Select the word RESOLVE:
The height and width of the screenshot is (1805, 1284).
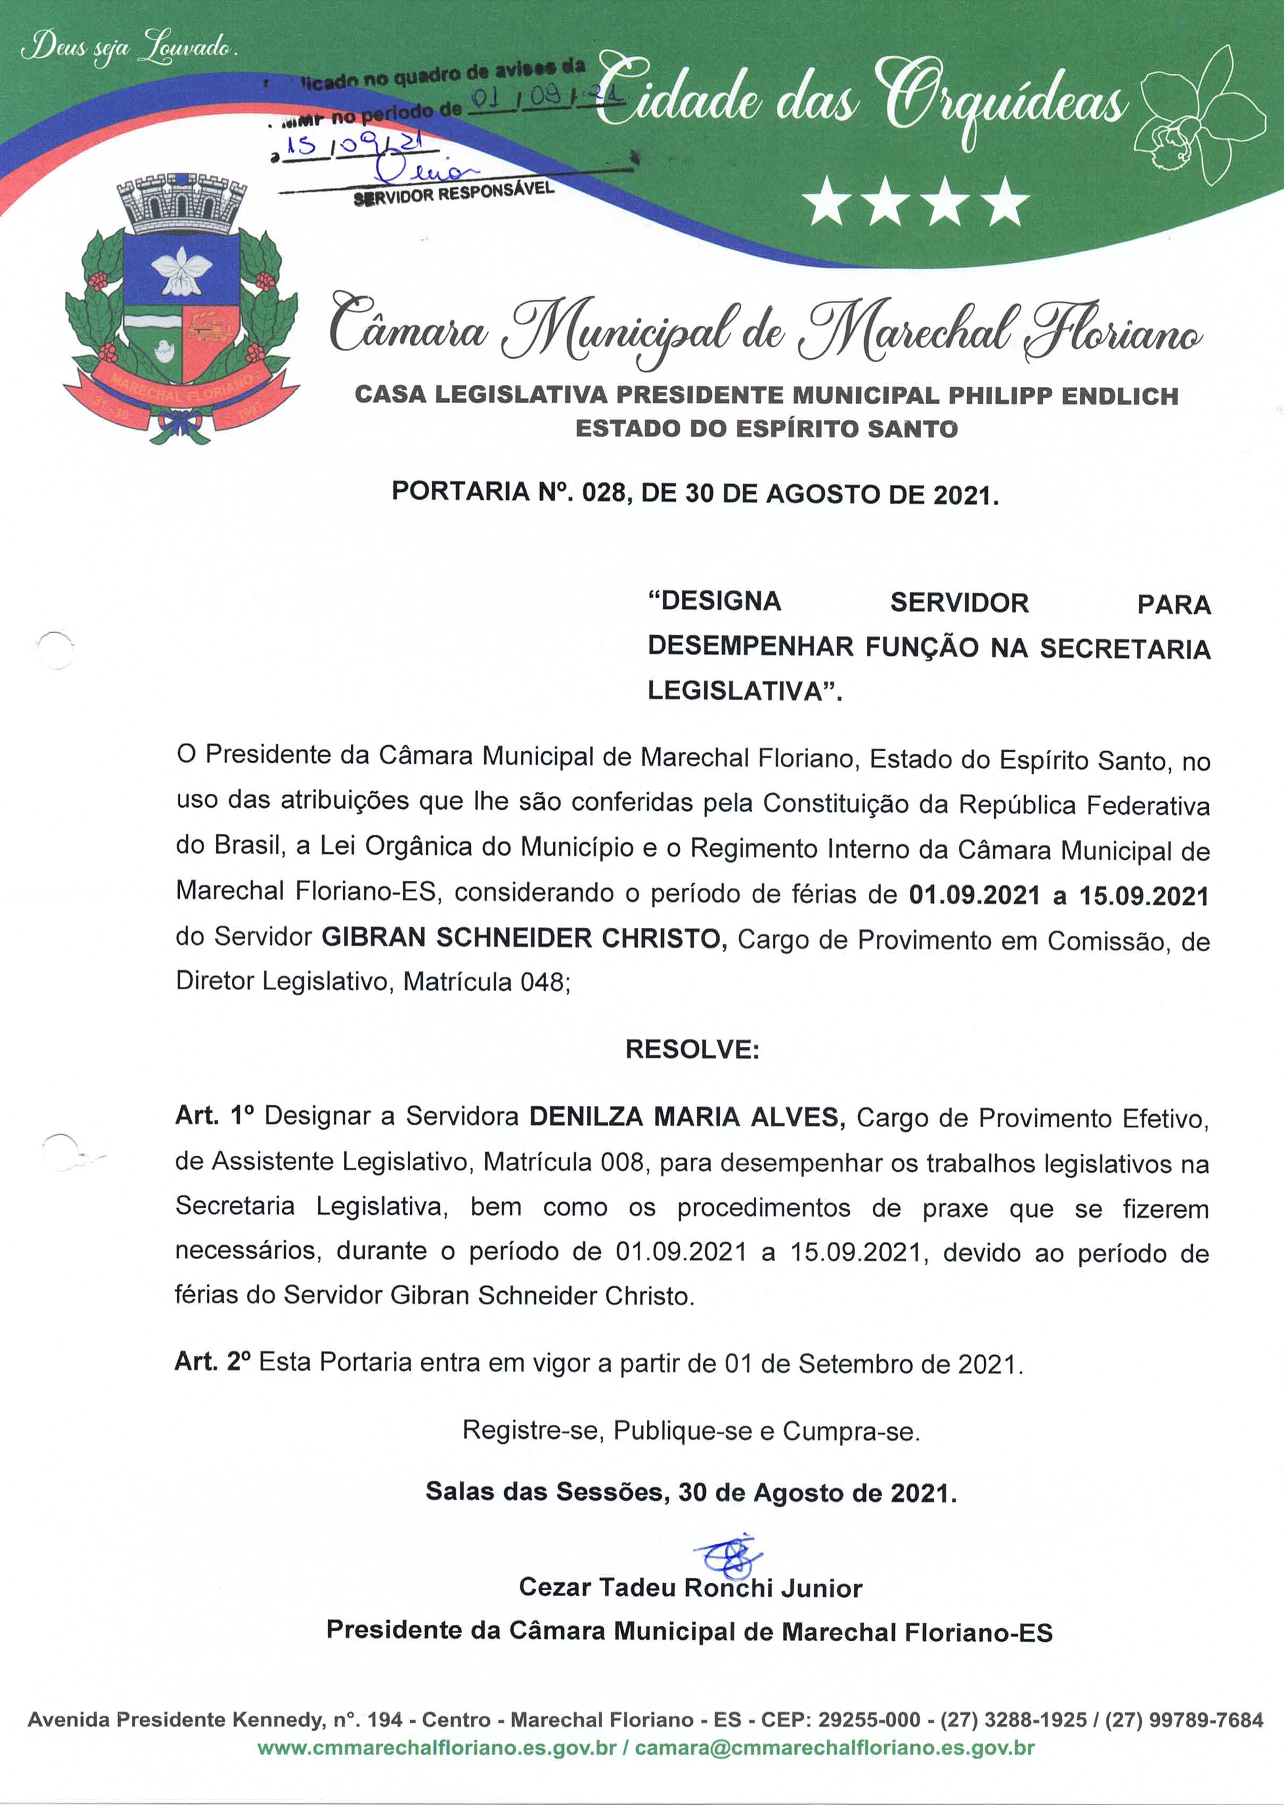[x=692, y=1050]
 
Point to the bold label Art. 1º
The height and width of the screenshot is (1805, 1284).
[x=214, y=1116]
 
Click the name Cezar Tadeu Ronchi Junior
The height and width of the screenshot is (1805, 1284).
[x=690, y=1588]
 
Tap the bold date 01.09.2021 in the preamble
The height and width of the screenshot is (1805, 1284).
[x=974, y=895]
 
